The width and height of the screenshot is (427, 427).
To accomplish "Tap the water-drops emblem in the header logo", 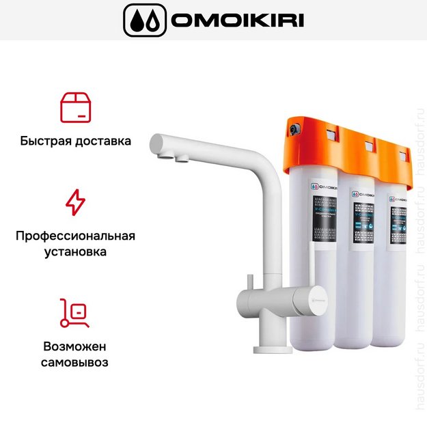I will tap(144, 20).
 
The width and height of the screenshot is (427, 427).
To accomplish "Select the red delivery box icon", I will tap(75, 108).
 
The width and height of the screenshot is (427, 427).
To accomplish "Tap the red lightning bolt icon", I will tap(75, 202).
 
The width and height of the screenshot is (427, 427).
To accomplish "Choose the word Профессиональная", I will tap(75, 236).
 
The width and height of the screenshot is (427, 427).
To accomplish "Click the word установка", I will tap(75, 252).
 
